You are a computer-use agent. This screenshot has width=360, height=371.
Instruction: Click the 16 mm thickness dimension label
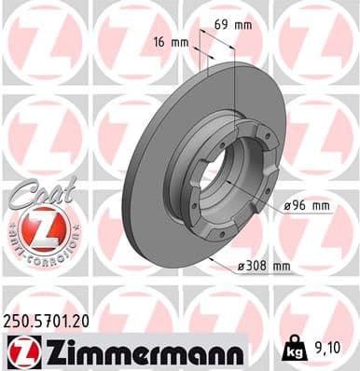pyautogui.click(x=169, y=43)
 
